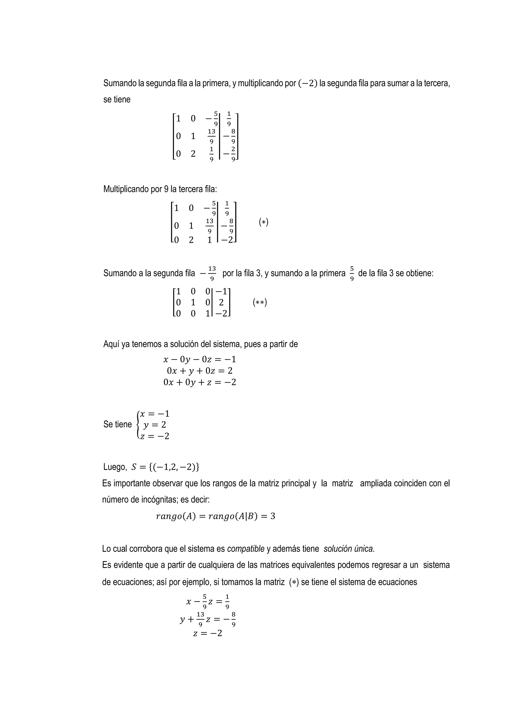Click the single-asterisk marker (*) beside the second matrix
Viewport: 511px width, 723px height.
pyautogui.click(x=263, y=222)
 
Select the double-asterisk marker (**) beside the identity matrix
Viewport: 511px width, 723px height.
pyautogui.click(x=260, y=303)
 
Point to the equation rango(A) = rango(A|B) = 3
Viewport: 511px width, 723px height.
pyautogui.click(x=215, y=516)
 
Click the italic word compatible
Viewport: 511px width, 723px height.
pyautogui.click(x=246, y=549)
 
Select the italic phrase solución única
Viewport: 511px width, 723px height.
pyautogui.click(x=349, y=549)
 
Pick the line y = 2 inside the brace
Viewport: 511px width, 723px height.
pyautogui.click(x=155, y=425)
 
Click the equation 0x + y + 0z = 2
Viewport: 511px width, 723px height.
pyautogui.click(x=200, y=371)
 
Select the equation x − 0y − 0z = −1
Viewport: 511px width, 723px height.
pyautogui.click(x=200, y=360)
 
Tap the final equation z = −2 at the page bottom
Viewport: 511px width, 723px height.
pyautogui.click(x=208, y=633)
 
